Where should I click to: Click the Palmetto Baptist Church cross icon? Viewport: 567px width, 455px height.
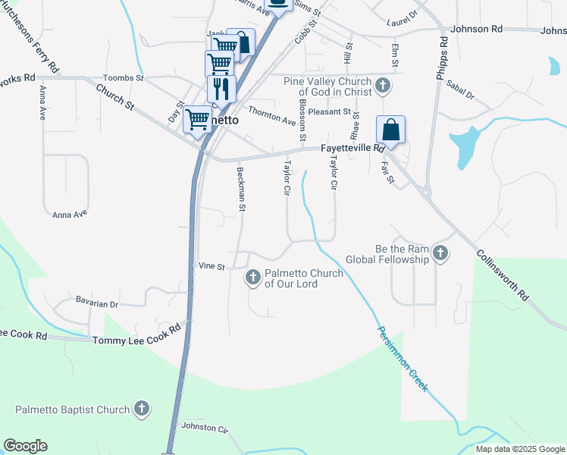coord(141,409)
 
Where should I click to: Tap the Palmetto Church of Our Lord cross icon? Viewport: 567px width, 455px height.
coord(253,278)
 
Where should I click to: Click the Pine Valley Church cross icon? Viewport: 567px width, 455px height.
coord(383,86)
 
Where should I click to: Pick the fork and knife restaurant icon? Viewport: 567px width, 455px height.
coord(221,89)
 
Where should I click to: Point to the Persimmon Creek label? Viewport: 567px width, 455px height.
coord(403,359)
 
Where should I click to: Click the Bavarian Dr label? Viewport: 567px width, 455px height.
coord(97,303)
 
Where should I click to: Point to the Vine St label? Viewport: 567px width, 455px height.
coord(211,266)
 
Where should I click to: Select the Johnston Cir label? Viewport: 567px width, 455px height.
coord(205,428)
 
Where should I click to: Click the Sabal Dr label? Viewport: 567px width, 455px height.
coord(459,90)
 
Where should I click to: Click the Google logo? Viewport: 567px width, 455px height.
coord(25,446)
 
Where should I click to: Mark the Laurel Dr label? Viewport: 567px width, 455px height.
coord(402,14)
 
